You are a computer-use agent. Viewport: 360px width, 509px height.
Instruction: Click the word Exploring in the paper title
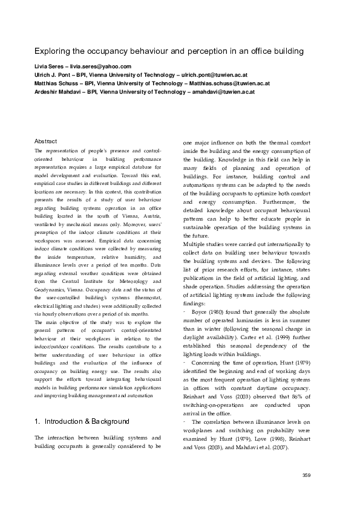click(51, 53)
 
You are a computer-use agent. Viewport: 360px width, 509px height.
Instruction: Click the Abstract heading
click(46, 140)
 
